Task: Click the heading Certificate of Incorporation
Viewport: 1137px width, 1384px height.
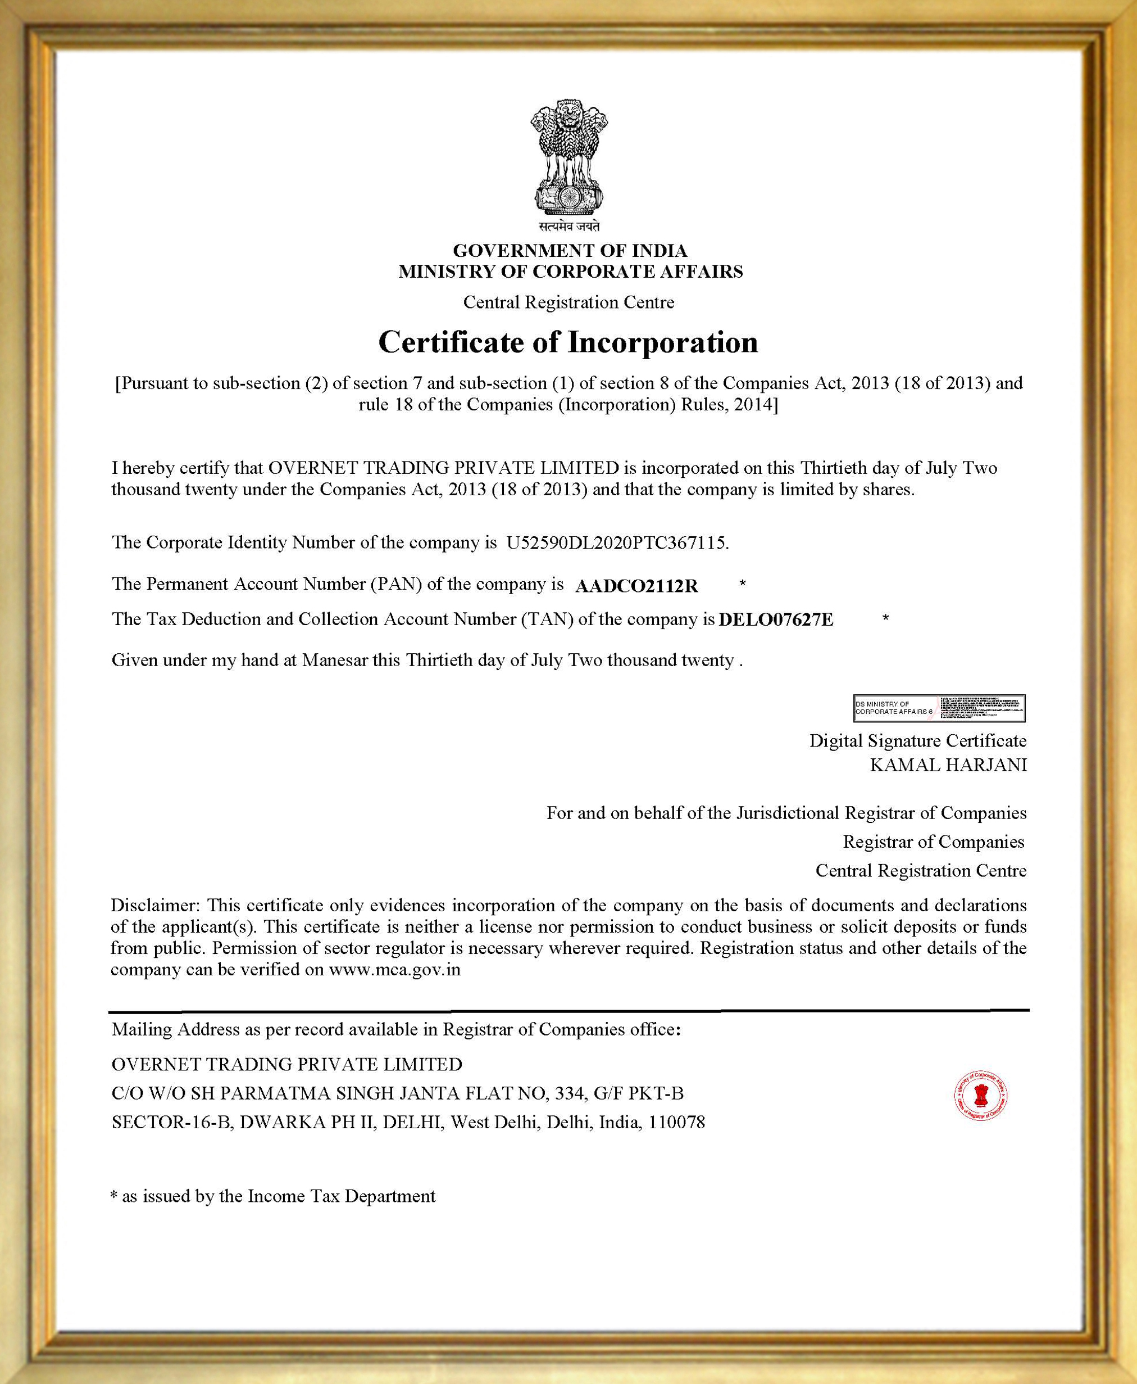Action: [x=568, y=342]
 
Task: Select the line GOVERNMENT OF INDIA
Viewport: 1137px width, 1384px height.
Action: [x=570, y=250]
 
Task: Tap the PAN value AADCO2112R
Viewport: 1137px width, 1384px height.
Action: [x=636, y=586]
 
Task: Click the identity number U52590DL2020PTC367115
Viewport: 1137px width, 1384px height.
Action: [x=616, y=542]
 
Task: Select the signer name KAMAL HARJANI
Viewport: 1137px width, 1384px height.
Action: [x=948, y=765]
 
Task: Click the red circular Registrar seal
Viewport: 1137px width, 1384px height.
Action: [x=980, y=1096]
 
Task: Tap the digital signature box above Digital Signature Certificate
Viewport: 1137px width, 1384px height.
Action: [x=939, y=708]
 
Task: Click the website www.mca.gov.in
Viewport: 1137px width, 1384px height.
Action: [x=394, y=969]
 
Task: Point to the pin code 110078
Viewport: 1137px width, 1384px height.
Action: [x=676, y=1123]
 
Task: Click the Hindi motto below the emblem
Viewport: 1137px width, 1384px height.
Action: [x=568, y=227]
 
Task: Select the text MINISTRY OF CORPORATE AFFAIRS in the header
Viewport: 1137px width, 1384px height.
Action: [x=570, y=272]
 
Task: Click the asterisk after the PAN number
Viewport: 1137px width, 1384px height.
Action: [x=742, y=583]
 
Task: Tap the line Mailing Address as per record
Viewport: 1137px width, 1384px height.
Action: [x=395, y=1029]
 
